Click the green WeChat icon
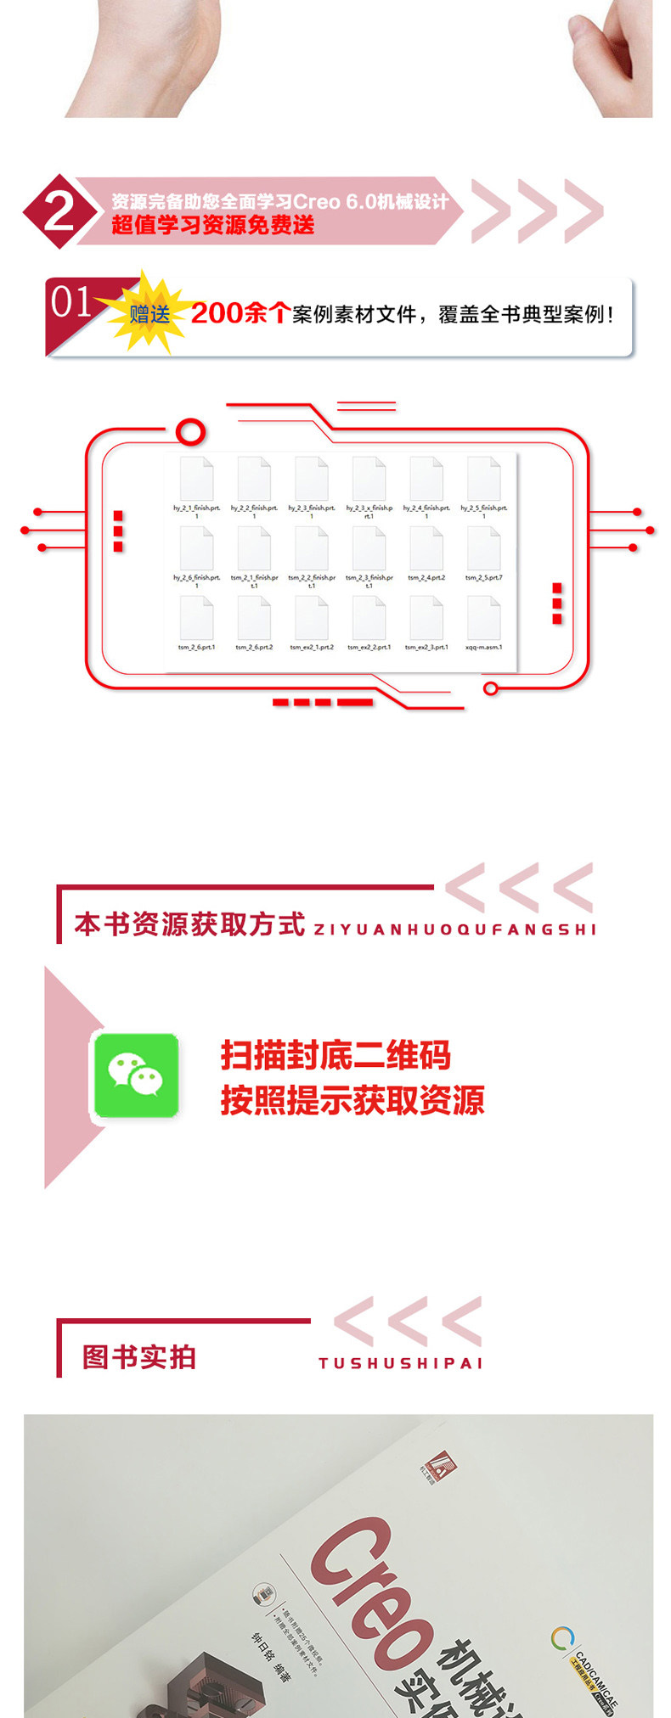tap(136, 1075)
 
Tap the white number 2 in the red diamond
tap(59, 211)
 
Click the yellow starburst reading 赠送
tap(149, 314)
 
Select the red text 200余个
tap(240, 313)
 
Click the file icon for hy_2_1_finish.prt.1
tap(196, 480)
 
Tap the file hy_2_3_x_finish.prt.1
tap(369, 480)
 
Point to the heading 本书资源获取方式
tap(189, 924)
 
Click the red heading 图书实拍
tap(139, 1357)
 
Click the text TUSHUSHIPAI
tap(400, 1363)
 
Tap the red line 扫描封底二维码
tap(335, 1055)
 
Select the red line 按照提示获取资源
tap(352, 1100)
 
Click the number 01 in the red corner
tap(70, 302)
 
